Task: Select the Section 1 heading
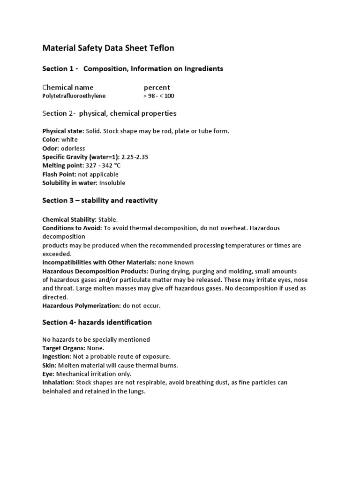[133, 69]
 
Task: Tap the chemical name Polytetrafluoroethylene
[74, 96]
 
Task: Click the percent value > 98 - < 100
[158, 96]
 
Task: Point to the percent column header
[157, 87]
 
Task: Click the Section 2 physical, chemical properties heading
[109, 113]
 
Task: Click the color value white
[69, 140]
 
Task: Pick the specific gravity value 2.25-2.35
[135, 157]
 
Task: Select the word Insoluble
[112, 183]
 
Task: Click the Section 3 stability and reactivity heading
[100, 201]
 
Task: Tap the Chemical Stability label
[69, 219]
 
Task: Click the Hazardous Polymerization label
[82, 306]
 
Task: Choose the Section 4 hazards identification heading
[97, 322]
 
